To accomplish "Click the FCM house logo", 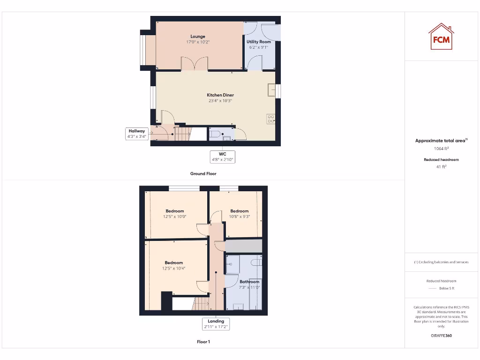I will pos(441,37).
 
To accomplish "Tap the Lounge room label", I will pos(198,37).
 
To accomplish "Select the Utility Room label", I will pos(259,42).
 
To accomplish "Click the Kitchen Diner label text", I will pos(220,95).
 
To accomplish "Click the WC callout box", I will pos(223,157).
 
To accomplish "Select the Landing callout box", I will pos(216,324).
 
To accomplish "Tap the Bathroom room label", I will pos(249,282).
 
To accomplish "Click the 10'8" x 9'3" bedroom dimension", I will pos(240,217).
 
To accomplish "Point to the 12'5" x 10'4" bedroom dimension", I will pos(174,269).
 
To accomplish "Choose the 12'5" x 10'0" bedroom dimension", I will pos(174,217).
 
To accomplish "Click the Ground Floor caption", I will pos(203,173).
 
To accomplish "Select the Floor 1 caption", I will pos(203,342).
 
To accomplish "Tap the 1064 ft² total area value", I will pos(441,149).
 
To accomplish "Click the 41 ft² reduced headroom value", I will pos(441,166).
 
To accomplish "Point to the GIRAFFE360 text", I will pos(441,336).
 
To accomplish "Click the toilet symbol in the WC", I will pos(215,135).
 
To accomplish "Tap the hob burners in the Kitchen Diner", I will pos(271,119).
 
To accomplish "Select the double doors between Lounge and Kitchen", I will pos(195,64).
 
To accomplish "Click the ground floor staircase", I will pos(183,134).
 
